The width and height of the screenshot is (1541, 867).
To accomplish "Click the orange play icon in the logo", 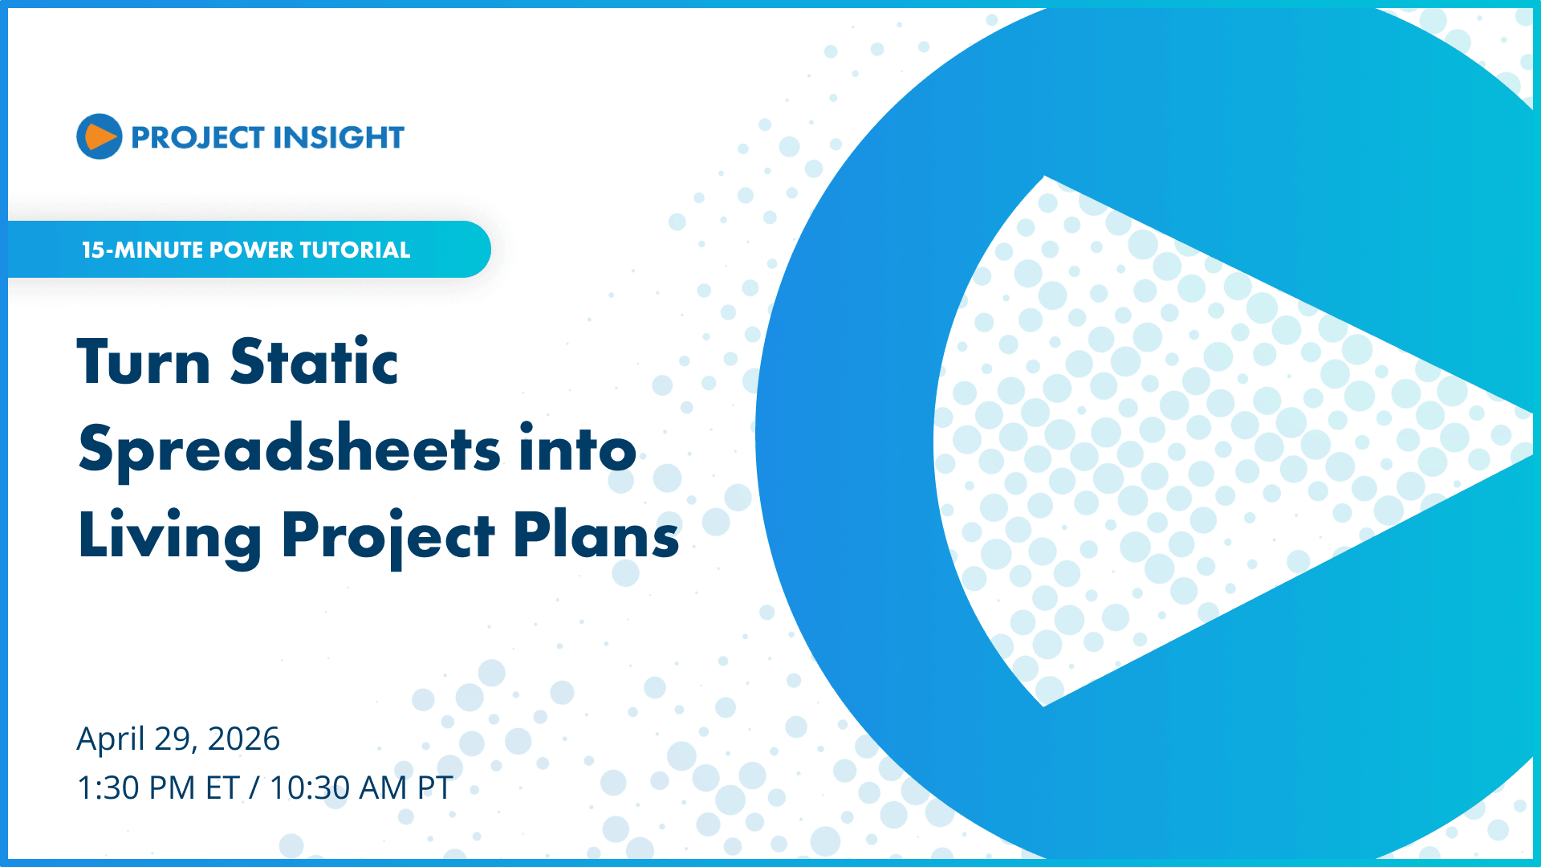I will pos(100,136).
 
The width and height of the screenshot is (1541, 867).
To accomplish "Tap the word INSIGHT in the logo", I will pos(337,138).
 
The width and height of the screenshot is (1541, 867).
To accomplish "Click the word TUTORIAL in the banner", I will pos(355,250).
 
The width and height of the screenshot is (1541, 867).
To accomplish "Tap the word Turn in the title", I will pos(144,363).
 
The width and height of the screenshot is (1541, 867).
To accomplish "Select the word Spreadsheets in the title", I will pos(290,450).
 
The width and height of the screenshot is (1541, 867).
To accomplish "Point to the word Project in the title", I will pos(388,536).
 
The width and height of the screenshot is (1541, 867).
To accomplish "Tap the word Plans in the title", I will pos(596,536).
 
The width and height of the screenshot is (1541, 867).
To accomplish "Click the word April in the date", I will pos(111,739).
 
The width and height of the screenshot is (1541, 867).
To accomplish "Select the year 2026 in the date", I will pos(244,739).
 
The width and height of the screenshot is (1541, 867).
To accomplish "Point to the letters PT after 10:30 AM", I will pos(435,788).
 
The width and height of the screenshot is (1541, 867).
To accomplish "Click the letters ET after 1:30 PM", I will pos(222,788).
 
